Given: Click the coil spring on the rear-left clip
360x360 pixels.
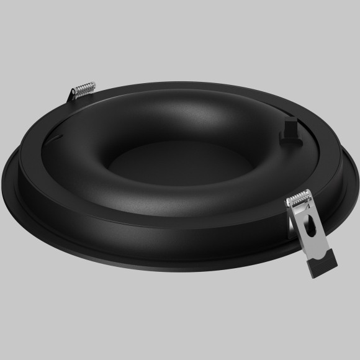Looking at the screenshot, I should [83, 91].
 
